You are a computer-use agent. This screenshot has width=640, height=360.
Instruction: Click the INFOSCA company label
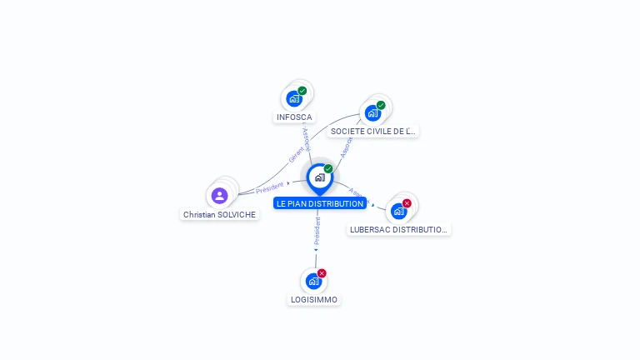click(x=294, y=117)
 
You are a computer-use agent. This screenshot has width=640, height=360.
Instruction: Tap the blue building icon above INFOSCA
click(x=293, y=99)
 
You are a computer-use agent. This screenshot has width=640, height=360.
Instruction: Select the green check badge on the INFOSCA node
click(x=302, y=91)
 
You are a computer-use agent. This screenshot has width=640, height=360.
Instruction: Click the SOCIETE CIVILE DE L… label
click(x=372, y=132)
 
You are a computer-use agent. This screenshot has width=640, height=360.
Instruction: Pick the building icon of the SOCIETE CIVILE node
click(x=372, y=113)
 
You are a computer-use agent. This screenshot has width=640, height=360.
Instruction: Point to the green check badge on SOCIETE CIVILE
click(x=381, y=106)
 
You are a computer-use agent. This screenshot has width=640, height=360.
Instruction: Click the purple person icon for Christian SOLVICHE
click(x=219, y=196)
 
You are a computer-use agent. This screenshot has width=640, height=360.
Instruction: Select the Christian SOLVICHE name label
click(x=220, y=214)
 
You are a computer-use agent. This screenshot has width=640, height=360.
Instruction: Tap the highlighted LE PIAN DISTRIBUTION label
click(x=320, y=203)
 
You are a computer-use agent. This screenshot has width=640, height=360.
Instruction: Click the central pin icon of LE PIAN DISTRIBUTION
click(x=319, y=177)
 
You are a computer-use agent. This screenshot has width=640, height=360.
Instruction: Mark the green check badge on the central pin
click(x=328, y=169)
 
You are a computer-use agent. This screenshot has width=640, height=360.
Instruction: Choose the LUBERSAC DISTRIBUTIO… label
click(x=398, y=229)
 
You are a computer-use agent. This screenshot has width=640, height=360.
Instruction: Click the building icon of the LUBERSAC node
click(x=398, y=212)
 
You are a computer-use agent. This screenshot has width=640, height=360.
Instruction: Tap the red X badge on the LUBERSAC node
click(x=407, y=203)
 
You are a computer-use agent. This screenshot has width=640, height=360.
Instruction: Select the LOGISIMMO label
click(x=314, y=299)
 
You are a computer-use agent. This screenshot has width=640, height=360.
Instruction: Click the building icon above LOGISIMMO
click(x=313, y=281)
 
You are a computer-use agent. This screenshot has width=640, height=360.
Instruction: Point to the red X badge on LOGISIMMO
click(x=322, y=273)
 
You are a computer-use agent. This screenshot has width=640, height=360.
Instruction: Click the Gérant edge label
click(x=296, y=155)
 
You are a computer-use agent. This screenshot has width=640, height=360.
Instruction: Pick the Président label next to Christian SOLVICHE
click(x=270, y=187)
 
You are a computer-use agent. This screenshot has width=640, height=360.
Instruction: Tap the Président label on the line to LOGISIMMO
click(x=317, y=231)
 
